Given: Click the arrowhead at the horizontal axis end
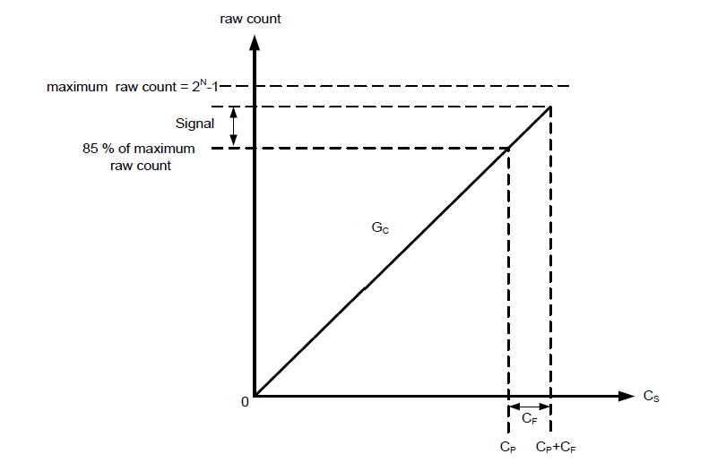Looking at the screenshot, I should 626,395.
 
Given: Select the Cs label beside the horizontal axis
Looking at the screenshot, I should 651,395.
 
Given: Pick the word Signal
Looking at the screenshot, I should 194,125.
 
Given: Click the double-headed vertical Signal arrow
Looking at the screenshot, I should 235,126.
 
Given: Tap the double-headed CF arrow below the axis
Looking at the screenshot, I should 529,407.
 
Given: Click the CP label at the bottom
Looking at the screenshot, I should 509,445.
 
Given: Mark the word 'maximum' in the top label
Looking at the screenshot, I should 76,87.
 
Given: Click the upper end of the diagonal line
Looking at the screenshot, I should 549,107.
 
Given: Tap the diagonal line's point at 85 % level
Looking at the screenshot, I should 509,148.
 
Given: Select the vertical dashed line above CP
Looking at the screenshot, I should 509,269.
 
